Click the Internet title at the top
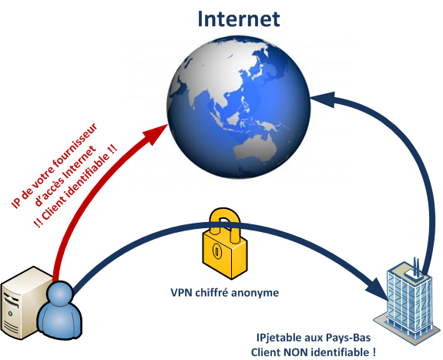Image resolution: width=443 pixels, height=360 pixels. click(x=239, y=19)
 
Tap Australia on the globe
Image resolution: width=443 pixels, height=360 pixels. click(x=256, y=149)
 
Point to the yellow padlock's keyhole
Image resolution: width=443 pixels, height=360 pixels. click(x=216, y=251)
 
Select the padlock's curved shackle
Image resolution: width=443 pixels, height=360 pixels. click(x=225, y=224)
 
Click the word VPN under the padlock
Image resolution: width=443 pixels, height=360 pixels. click(x=181, y=292)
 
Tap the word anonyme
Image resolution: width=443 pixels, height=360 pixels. click(x=255, y=293)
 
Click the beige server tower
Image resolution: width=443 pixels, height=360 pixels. click(x=22, y=303)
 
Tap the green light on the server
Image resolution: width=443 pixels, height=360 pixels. click(x=11, y=314)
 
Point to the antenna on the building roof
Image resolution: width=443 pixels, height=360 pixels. click(x=416, y=267)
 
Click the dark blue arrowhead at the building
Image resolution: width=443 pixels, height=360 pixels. click(x=378, y=290)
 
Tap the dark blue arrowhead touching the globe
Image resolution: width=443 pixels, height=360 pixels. click(x=323, y=99)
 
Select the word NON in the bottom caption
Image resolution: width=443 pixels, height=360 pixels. click(x=294, y=352)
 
